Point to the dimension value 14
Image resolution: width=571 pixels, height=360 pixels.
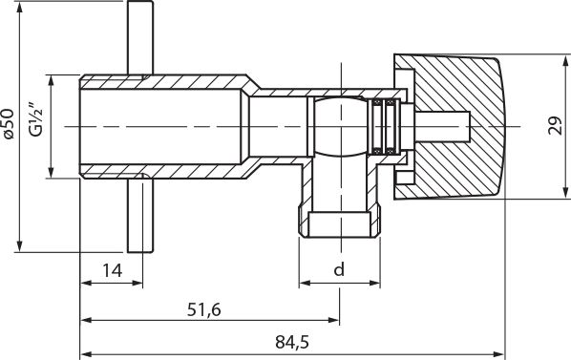(x=112, y=270)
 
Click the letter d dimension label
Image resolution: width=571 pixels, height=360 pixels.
(x=338, y=270)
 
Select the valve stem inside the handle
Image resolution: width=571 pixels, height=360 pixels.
(x=444, y=126)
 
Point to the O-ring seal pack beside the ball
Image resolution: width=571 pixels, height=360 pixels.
(x=386, y=126)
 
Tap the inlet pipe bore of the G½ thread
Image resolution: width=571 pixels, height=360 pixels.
(x=153, y=126)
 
